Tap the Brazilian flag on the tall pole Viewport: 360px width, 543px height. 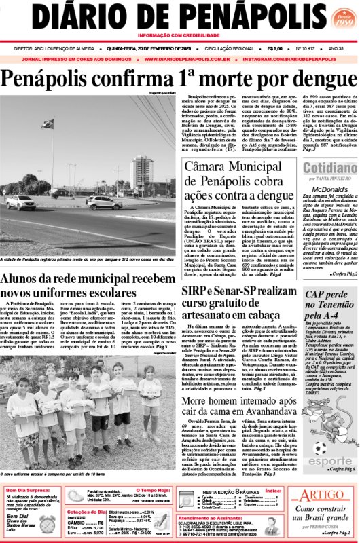[48, 124]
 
